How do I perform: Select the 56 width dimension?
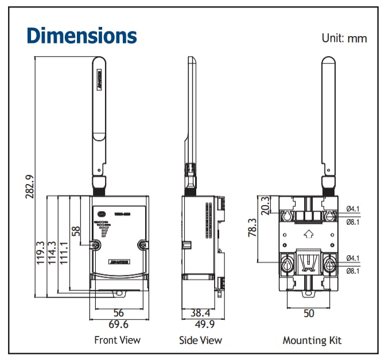(118, 313)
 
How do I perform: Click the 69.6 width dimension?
(118, 324)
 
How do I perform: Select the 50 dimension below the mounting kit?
(309, 314)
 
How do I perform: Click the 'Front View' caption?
(117, 341)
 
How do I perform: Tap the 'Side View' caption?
(200, 341)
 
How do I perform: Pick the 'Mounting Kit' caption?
(312, 341)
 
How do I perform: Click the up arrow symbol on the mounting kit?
(308, 233)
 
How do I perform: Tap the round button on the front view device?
(101, 214)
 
